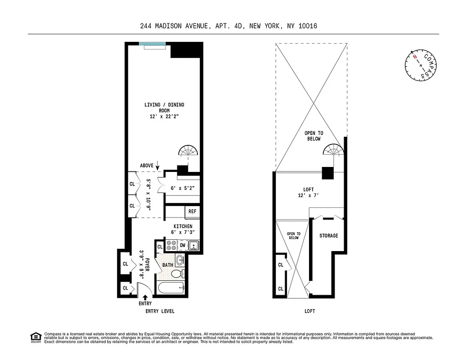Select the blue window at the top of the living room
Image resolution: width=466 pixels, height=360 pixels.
click(x=152, y=43)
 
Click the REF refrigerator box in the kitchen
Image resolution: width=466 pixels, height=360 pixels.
click(x=192, y=211)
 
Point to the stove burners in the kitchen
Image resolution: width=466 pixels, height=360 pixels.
click(x=171, y=245)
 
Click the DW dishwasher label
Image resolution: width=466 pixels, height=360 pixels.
click(x=183, y=245)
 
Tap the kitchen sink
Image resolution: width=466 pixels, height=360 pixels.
click(x=193, y=245)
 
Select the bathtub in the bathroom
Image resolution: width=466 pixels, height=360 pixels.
click(x=170, y=288)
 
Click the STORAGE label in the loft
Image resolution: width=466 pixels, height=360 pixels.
click(x=328, y=236)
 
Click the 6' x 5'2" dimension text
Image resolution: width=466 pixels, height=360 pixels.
click(x=182, y=188)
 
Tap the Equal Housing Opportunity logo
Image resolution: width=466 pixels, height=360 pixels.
click(x=35, y=337)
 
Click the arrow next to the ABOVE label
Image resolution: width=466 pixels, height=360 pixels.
click(x=157, y=165)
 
